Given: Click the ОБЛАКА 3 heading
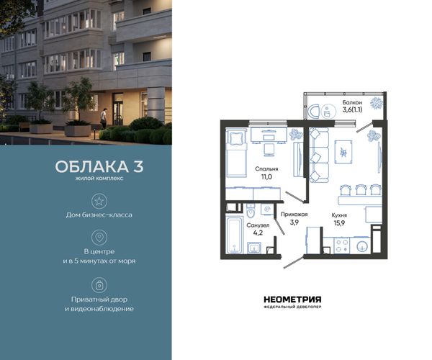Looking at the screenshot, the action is [x=99, y=166].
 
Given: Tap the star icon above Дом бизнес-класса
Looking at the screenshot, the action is [x=99, y=201].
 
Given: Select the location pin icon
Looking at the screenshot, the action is [x=99, y=237].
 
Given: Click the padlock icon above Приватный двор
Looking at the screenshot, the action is [x=99, y=285].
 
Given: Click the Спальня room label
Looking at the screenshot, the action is [x=266, y=169].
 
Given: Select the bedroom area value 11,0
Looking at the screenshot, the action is [x=266, y=177].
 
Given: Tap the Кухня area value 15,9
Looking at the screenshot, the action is [x=339, y=222].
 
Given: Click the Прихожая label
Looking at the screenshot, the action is [x=294, y=215].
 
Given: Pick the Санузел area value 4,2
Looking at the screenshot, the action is [x=258, y=233].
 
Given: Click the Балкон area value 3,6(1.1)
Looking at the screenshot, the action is [x=352, y=109].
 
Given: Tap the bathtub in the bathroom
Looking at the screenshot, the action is [x=234, y=235].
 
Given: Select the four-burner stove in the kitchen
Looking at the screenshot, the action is [x=341, y=246].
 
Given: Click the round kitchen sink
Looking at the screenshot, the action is [x=361, y=246].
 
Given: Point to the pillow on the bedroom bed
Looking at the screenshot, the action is [x=235, y=138].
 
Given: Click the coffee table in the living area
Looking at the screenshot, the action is [x=343, y=152].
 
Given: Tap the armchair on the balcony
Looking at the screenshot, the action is [x=314, y=112].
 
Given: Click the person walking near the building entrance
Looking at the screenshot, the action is [x=103, y=118].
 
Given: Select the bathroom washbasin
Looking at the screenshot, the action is [x=254, y=248].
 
